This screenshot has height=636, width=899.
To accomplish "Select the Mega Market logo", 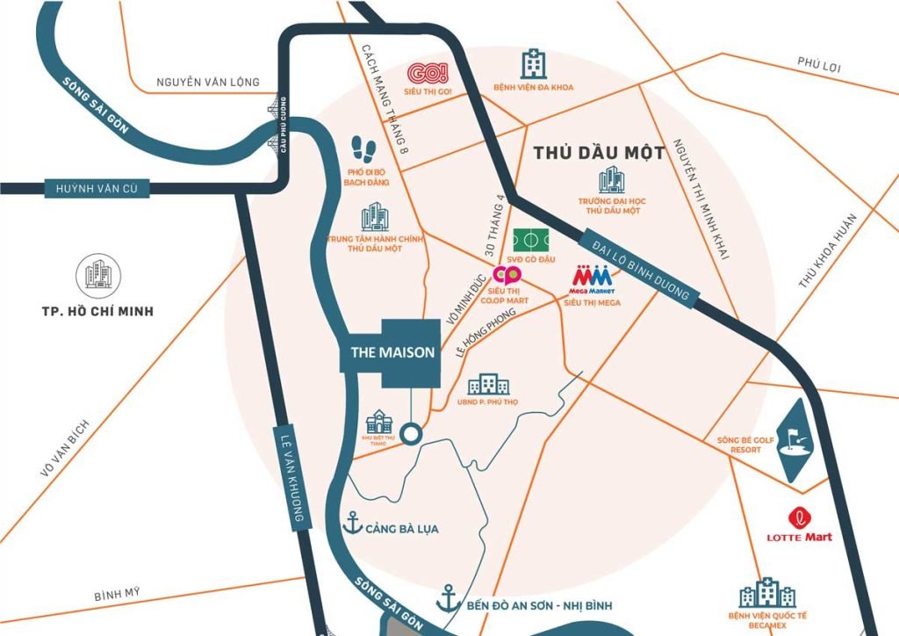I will (593, 276).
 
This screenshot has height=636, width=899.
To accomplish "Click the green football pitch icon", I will (531, 239).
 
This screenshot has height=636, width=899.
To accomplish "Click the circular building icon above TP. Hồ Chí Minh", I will (98, 276).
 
